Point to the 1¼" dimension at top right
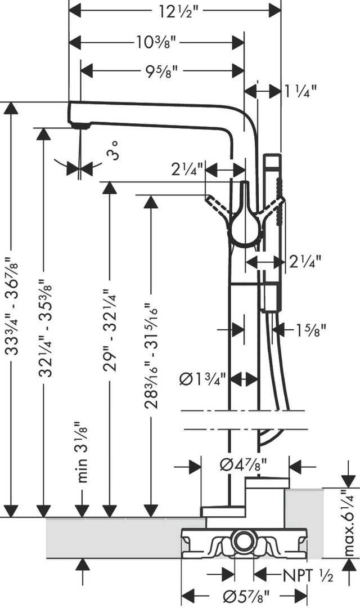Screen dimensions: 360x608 click(300, 92)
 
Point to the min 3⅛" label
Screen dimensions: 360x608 click(82, 452)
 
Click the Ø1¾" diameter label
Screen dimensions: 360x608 click(202, 379)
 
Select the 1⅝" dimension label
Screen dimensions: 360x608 click(309, 330)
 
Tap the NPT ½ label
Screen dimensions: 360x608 click(308, 576)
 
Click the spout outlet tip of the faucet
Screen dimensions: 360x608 click(80, 126)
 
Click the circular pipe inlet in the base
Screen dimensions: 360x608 click(244, 539)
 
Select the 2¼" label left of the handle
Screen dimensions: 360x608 click(187, 169)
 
